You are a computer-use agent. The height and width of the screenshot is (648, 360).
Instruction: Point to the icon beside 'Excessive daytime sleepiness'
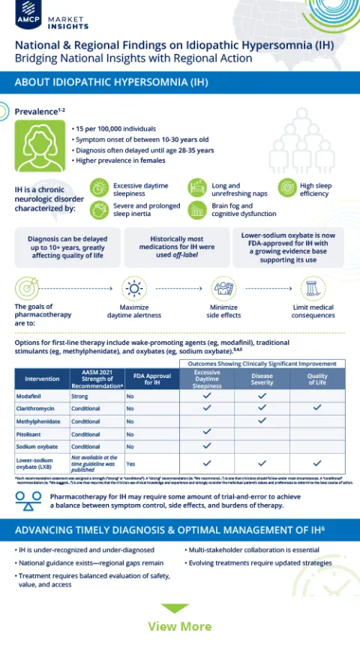[98, 185]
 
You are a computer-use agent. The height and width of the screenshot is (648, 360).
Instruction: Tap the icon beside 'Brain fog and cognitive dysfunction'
[196, 209]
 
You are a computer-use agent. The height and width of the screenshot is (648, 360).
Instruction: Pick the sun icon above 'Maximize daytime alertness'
[134, 288]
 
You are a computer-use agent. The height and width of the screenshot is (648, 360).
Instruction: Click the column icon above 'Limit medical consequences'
[312, 288]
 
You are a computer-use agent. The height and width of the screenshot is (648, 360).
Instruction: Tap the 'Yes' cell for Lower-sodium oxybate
[131, 463]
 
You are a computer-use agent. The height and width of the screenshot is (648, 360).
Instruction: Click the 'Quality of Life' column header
[317, 377]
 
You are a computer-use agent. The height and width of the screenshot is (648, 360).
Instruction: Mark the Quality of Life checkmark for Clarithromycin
[317, 408]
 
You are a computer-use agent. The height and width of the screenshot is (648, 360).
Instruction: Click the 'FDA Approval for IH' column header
[146, 378]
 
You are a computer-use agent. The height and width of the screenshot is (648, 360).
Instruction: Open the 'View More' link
[179, 626]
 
